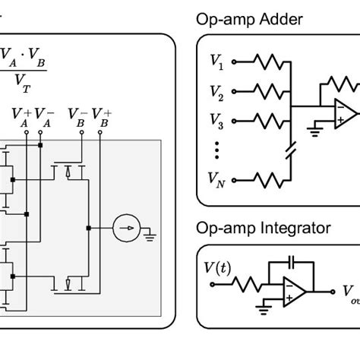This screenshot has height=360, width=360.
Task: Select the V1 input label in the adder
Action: point(216,60)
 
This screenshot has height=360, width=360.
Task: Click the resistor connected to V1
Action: point(267,62)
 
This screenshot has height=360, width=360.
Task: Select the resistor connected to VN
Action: point(267,181)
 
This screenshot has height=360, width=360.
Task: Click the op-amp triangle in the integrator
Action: point(295,292)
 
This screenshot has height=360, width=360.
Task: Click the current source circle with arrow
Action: point(126,227)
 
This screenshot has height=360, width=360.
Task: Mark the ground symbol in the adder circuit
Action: point(314,132)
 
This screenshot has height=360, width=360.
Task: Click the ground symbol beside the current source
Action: point(150,234)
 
